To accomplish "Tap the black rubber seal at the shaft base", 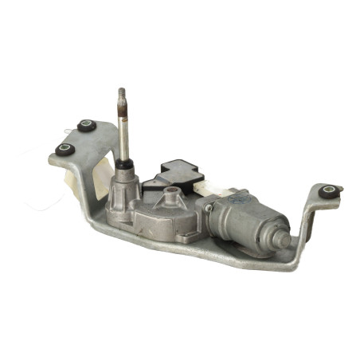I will click(x=123, y=166).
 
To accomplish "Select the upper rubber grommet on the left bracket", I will click(x=86, y=125).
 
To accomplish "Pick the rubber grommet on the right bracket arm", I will click(x=328, y=191).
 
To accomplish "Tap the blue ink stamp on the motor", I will click(x=236, y=203).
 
